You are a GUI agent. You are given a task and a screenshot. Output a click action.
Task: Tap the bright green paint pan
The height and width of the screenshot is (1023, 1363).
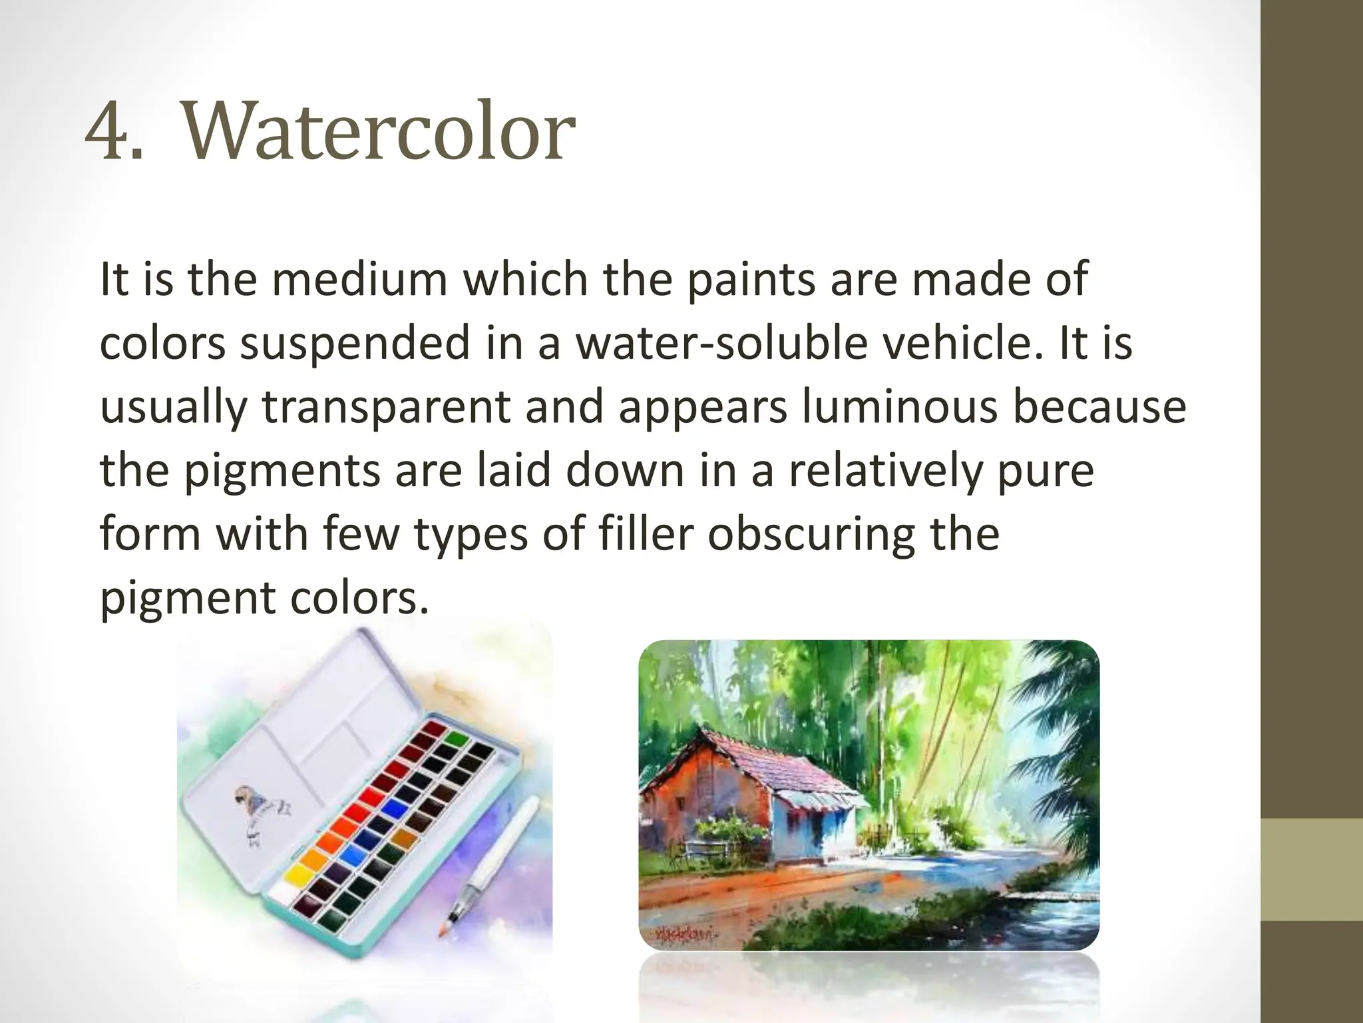[x=456, y=739]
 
